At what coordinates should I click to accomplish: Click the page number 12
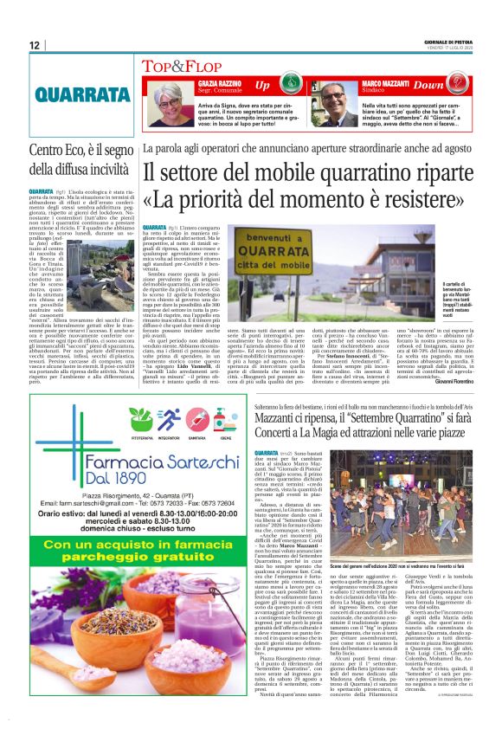point(35,44)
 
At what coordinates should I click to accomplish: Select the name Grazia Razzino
point(211,82)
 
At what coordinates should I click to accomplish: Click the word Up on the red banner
point(262,86)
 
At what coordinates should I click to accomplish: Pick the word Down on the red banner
point(452,86)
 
